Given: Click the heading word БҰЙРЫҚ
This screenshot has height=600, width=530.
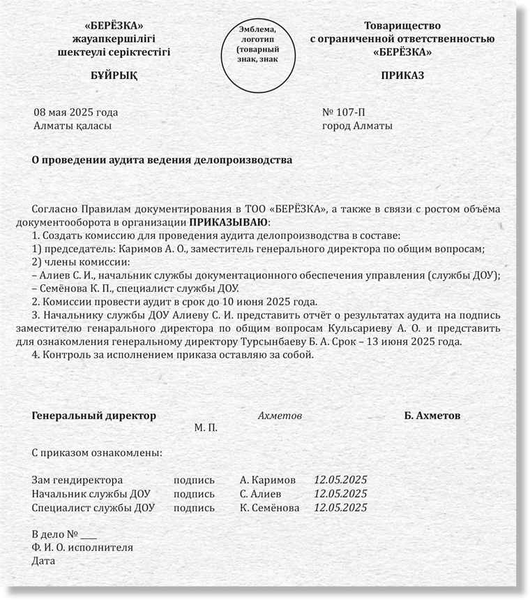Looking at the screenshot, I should click(114, 75).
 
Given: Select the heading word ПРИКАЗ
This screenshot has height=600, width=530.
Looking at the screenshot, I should click(402, 75).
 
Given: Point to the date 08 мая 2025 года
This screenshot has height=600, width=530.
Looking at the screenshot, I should click(76, 112).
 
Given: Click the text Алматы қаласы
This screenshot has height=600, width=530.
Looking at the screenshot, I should click(73, 126).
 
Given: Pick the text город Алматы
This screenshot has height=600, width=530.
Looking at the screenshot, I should click(357, 126).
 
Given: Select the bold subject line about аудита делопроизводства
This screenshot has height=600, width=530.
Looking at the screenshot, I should click(162, 160).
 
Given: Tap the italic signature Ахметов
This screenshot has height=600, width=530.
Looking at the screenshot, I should click(280, 416).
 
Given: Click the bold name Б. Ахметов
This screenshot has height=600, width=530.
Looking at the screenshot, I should click(432, 416).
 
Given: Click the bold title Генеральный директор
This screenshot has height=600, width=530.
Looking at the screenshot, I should click(94, 416).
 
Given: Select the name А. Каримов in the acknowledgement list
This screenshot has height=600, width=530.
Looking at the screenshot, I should click(267, 481).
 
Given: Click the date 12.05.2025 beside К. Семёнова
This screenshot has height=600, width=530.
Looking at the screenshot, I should click(340, 508).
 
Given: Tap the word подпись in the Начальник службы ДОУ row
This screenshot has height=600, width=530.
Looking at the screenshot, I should click(194, 494).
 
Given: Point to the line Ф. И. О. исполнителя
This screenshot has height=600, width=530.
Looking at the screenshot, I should click(82, 548).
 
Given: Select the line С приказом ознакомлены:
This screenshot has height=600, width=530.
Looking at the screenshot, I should click(97, 453).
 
